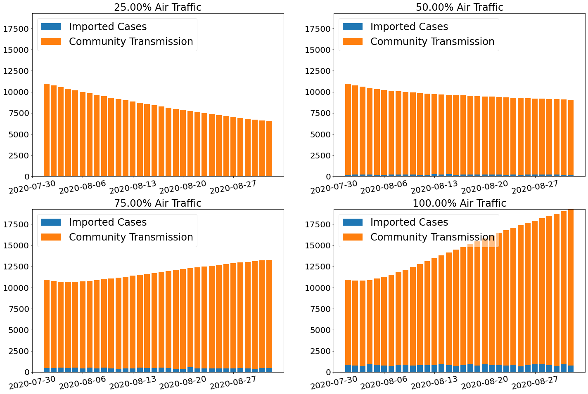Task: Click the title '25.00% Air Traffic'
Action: click(158, 7)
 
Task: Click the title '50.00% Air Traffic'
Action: click(459, 7)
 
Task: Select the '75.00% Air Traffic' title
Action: click(158, 203)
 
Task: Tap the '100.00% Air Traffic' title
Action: click(459, 203)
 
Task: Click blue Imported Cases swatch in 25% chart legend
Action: click(51, 27)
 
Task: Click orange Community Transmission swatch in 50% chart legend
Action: click(353, 42)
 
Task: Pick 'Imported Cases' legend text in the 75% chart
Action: click(108, 222)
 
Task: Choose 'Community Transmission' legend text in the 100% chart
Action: click(432, 237)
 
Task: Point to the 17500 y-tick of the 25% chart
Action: click(16, 29)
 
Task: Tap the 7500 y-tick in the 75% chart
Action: click(18, 309)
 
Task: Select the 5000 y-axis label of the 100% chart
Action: click(320, 330)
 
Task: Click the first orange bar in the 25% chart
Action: click(47, 130)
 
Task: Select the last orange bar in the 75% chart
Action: click(269, 314)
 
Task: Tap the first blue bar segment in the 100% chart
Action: click(348, 368)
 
